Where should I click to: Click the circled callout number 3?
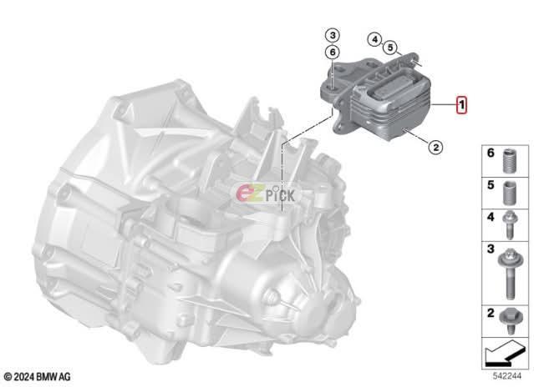click(x=333, y=35)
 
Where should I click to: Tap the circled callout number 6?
click(x=333, y=52)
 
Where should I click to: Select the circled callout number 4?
click(x=374, y=39)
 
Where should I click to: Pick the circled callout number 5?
click(x=390, y=48)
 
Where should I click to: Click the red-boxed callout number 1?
click(x=461, y=104)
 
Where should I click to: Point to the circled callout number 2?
click(x=435, y=148)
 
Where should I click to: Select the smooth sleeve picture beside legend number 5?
click(x=510, y=193)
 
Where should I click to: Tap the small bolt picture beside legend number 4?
click(x=510, y=225)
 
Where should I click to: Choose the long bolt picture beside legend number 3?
click(x=510, y=274)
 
